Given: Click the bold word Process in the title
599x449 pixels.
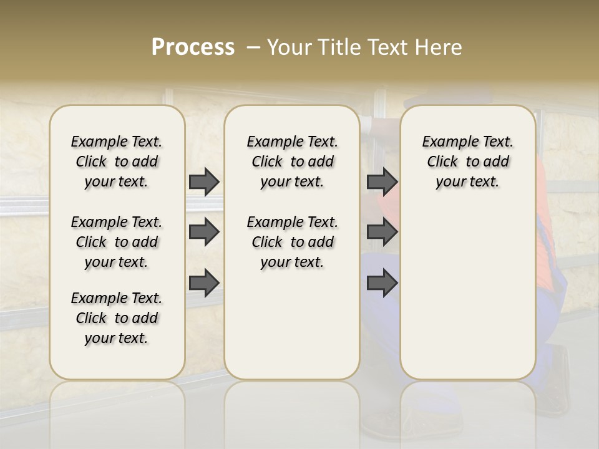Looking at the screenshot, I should click(193, 47).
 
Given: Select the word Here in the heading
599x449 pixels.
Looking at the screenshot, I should click(440, 47).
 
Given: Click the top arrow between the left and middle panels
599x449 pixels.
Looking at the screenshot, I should click(204, 181).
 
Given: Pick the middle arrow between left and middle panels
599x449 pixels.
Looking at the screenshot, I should click(204, 233).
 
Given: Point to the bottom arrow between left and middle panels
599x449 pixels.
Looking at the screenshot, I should click(204, 283).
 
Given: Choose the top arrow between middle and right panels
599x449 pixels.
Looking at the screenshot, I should click(382, 181).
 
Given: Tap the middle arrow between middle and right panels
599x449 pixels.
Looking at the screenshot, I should click(382, 233).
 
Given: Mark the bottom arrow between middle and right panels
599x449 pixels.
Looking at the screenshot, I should click(382, 283).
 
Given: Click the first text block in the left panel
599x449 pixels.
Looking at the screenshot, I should click(117, 162).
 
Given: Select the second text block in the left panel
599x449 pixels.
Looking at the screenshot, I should click(117, 242).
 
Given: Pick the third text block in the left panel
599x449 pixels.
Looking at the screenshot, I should click(117, 318).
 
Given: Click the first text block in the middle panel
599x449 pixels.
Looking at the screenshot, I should click(292, 162).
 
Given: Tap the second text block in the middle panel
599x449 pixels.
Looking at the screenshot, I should click(292, 242).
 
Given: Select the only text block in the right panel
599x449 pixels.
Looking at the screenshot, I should click(467, 162).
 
